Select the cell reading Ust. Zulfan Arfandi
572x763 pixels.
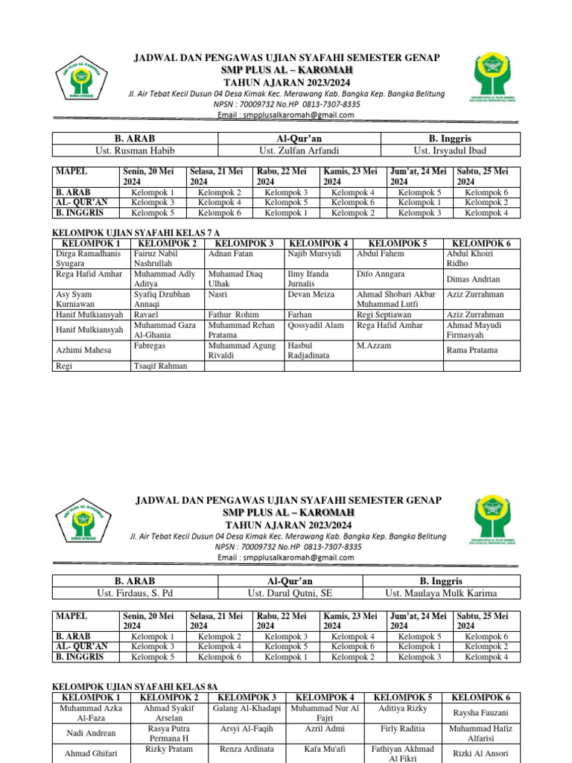[299, 151]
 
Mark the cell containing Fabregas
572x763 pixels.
[150, 346]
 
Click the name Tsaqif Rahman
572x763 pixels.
[160, 366]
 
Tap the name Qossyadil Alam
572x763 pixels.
[316, 325]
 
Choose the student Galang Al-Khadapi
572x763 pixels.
[247, 708]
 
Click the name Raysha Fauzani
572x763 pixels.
[480, 712]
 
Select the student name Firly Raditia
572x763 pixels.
[403, 729]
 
